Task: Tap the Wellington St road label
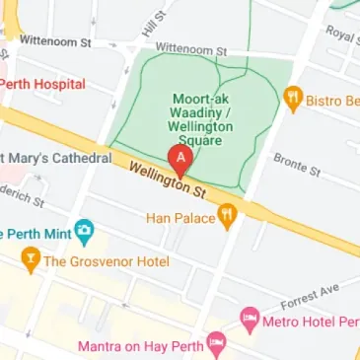point(159,177)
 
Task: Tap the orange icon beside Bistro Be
point(292,98)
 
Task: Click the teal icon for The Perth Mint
point(86,234)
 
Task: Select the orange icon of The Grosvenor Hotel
point(31,261)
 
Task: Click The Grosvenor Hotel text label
point(107,261)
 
